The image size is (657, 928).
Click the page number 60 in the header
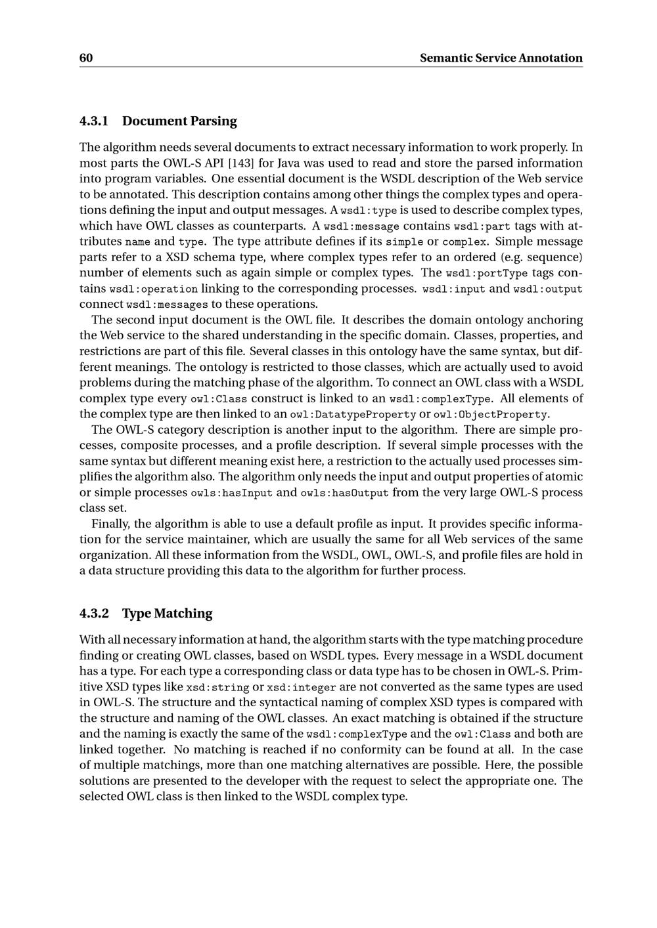pos(86,58)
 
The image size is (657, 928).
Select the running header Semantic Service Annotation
pos(501,58)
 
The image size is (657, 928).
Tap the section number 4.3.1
pos(93,121)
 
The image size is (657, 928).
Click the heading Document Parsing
pos(179,121)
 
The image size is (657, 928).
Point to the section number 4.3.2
pos(93,614)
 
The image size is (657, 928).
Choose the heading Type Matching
pos(168,614)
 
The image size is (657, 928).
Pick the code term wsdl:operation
pos(154,289)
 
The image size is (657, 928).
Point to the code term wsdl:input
pos(453,289)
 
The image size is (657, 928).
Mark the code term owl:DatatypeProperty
pos(353,415)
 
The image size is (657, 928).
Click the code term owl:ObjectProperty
pos(490,415)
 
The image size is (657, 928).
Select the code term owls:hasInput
pos(231,493)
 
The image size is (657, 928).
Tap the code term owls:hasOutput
pos(344,493)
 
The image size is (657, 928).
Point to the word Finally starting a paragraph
pos(112,524)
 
